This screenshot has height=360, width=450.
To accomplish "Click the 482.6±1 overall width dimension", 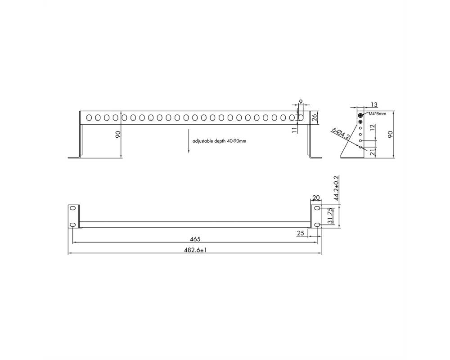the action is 195,250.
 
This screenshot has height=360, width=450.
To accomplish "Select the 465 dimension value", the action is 195,239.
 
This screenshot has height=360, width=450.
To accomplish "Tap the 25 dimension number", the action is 301,233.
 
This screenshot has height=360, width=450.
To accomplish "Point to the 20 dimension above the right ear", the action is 316,198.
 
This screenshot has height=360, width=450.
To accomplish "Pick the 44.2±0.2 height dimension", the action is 336,188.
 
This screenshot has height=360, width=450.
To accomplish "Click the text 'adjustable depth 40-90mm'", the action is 219,141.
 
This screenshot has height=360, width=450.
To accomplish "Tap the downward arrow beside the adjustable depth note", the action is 189,141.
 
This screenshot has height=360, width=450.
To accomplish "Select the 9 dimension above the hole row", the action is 301,102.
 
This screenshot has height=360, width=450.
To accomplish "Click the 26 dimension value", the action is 314,117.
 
